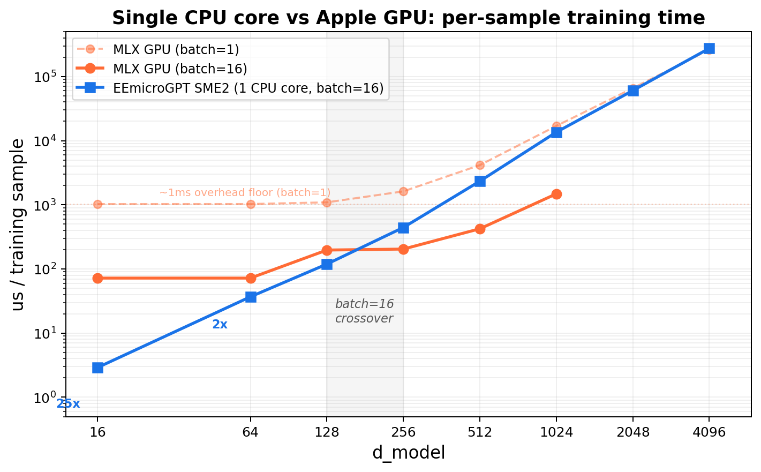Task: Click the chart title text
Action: point(408,18)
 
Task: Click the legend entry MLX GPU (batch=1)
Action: point(176,50)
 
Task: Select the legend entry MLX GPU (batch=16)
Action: point(179,69)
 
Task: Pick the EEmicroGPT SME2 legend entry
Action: point(248,88)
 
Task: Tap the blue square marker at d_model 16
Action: point(97,368)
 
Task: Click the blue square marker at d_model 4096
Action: point(709,48)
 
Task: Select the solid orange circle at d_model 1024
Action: point(556,194)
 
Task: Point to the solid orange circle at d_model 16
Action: point(97,278)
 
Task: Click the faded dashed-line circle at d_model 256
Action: point(403,191)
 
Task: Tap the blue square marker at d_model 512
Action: point(480,181)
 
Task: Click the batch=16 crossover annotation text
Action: point(364,311)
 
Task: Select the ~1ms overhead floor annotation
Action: point(245,193)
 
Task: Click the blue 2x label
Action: point(220,325)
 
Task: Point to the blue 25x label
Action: point(69,404)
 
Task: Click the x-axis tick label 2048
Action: point(632,432)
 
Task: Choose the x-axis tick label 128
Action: point(327,432)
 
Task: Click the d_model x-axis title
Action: point(408,453)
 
